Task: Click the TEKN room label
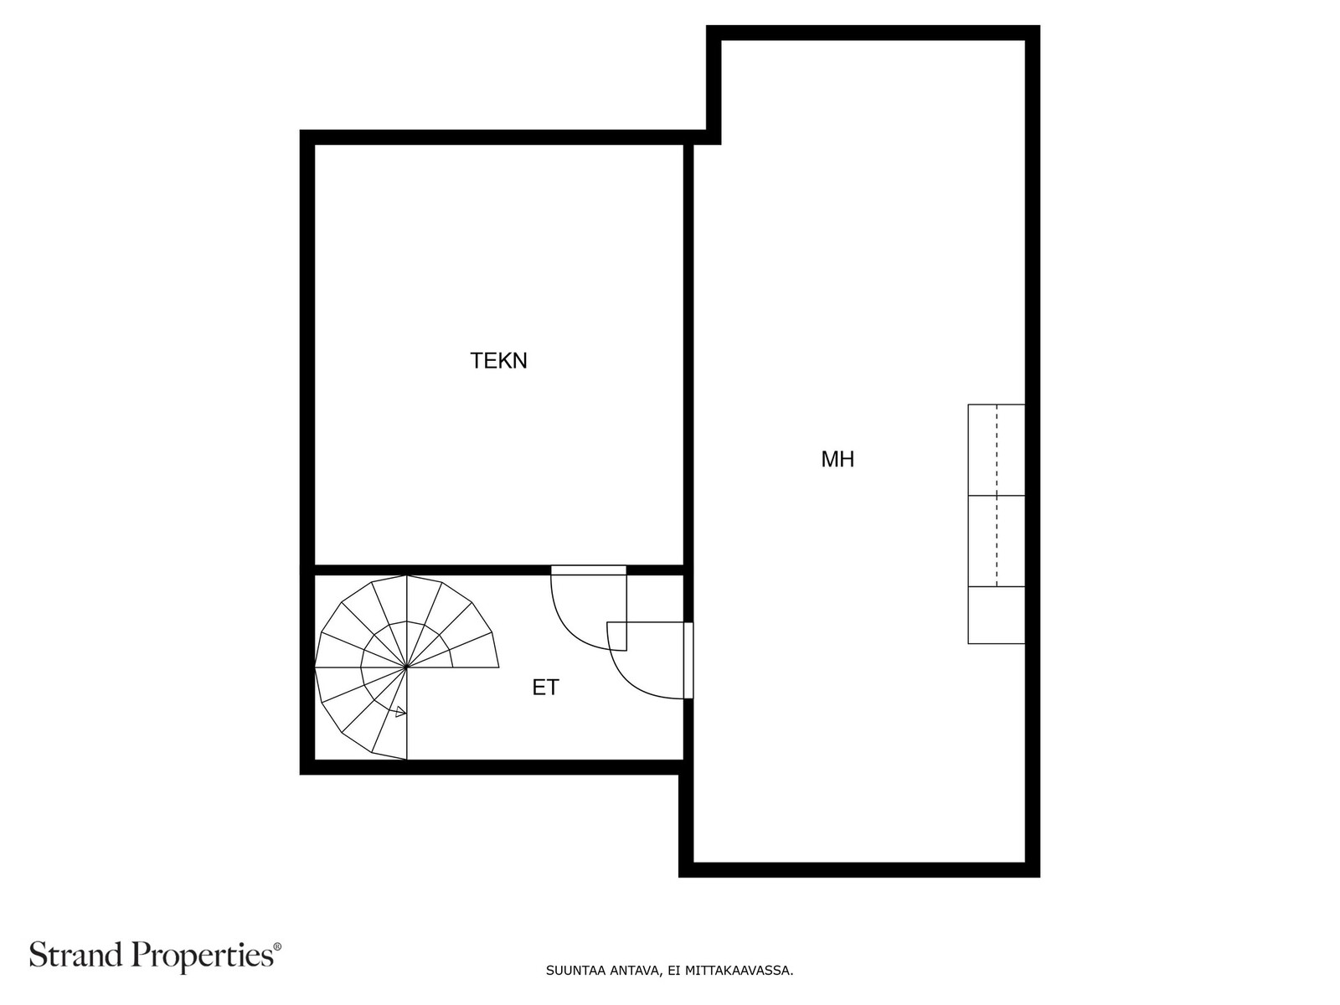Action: tap(498, 361)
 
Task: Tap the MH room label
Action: tap(837, 459)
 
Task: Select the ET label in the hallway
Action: tap(545, 688)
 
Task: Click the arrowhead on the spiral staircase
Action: tap(400, 712)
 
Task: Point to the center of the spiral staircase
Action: tap(406, 667)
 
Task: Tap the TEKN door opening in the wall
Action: tap(589, 570)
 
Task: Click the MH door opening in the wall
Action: tap(688, 660)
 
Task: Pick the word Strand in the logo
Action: tap(78, 955)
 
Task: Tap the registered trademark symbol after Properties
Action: tap(278, 946)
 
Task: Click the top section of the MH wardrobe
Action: tap(997, 450)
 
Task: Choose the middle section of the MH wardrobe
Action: tap(997, 541)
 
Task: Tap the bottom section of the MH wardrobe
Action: tap(997, 615)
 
